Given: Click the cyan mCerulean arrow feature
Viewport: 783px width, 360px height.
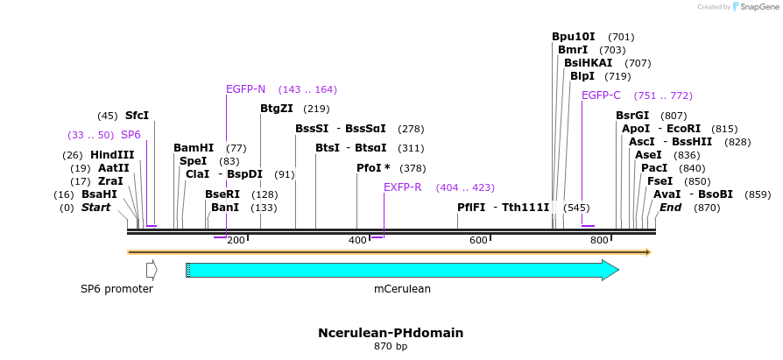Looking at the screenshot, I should tap(402, 270).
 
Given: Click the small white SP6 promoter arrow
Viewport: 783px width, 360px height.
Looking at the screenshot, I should tap(152, 270).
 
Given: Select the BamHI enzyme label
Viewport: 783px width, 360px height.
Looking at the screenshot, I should tap(194, 148).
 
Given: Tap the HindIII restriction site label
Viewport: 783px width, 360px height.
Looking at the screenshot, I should tap(112, 155).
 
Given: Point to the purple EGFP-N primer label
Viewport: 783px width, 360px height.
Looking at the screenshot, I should tap(245, 89).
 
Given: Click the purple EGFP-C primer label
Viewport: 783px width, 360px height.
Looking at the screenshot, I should tap(601, 95).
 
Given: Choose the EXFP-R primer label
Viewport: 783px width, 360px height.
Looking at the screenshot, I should tap(403, 187).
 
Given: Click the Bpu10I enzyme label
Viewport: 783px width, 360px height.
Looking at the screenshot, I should tap(574, 37).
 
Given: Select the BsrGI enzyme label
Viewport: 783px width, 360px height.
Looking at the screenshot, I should tap(632, 116).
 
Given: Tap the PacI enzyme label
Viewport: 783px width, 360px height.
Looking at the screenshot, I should tap(654, 168).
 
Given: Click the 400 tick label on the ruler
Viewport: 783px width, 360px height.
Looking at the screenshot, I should tap(357, 240).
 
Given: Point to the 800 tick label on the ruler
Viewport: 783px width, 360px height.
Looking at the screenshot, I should tap(599, 240).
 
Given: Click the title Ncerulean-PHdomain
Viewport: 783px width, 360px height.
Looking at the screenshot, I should tap(391, 333).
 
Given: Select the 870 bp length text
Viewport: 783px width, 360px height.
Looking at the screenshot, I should tap(391, 347).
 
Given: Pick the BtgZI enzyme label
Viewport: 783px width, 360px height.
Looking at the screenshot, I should tap(278, 109).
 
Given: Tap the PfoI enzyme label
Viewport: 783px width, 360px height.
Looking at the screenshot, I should tap(373, 168).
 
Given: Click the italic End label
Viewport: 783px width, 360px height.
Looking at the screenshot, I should tap(670, 208).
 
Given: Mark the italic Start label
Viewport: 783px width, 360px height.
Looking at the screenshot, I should tap(96, 208).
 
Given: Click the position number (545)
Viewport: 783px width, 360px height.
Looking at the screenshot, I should tap(576, 208).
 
